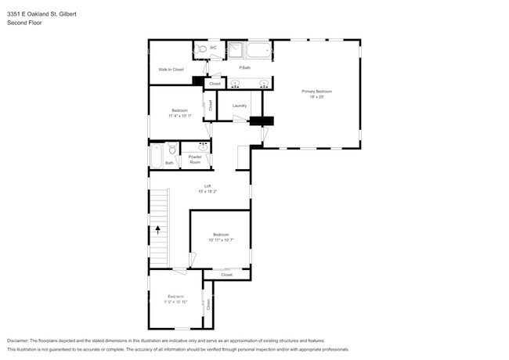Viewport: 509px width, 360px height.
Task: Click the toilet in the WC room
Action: point(201,49)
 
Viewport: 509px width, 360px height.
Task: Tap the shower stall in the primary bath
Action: point(233,50)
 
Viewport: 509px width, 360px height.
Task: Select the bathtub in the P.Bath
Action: point(258,52)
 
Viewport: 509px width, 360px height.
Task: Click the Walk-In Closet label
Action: point(171,70)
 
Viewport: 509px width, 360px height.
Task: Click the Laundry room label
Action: point(240,106)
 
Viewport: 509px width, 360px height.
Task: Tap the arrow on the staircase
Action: point(157,230)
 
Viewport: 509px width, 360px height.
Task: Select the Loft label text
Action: point(208,185)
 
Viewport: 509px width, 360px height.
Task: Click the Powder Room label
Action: point(195,159)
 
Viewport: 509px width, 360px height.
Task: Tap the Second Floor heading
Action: point(25,23)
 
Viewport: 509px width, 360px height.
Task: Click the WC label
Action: point(213,48)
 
